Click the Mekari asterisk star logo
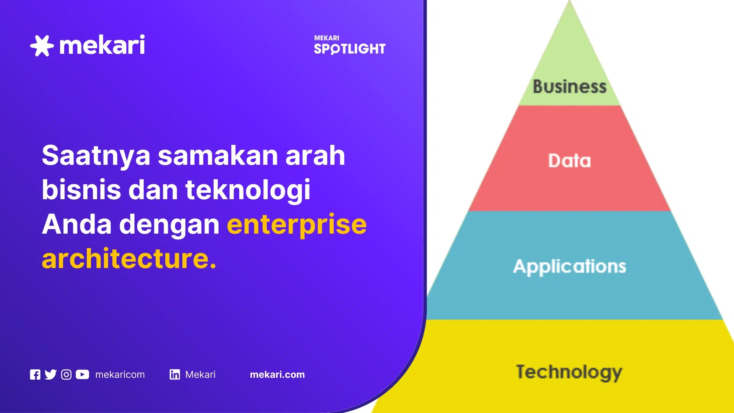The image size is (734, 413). point(42,46)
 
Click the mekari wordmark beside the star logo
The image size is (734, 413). point(102,45)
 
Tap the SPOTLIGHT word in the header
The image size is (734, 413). point(349,49)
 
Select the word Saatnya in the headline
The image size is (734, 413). point(96,156)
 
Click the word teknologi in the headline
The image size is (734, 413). point(248,190)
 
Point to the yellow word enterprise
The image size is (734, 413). point(297,224)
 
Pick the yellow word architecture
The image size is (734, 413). point(129,259)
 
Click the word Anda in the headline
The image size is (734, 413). point(77,224)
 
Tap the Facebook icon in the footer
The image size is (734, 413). point(35,375)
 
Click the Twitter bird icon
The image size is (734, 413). point(50,375)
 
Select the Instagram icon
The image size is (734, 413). point(66,375)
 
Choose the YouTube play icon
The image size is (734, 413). point(82,375)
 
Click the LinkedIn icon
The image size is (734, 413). point(175,375)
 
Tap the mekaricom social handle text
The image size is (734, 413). point(120,375)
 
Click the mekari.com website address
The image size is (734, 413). point(277,375)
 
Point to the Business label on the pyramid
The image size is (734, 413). point(570,86)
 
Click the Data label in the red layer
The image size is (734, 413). point(570,161)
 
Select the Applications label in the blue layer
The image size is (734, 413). point(570,267)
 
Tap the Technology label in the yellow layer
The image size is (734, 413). point(569,372)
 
